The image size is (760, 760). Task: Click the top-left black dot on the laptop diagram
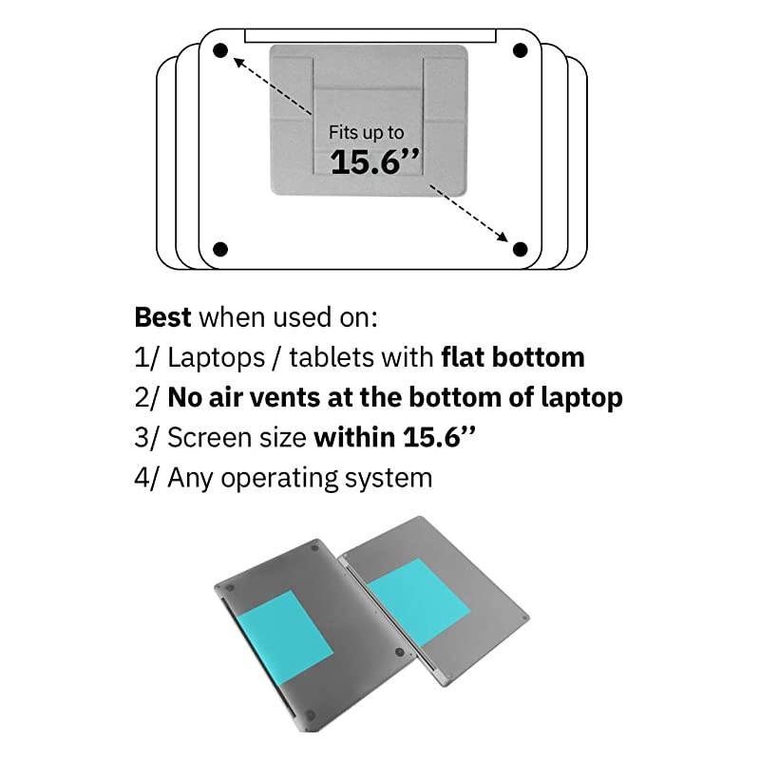point(220,50)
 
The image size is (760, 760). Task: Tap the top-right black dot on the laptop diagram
point(520,50)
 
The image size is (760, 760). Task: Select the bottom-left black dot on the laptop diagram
point(220,249)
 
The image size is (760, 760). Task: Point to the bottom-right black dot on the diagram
point(520,249)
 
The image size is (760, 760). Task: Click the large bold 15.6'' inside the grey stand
point(374,161)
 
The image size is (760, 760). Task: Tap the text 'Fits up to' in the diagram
point(366,133)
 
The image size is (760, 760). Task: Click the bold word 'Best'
point(162,316)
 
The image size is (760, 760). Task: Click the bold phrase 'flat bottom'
point(512,357)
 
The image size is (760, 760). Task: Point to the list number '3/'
point(146,437)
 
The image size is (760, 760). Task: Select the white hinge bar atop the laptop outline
point(370,35)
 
